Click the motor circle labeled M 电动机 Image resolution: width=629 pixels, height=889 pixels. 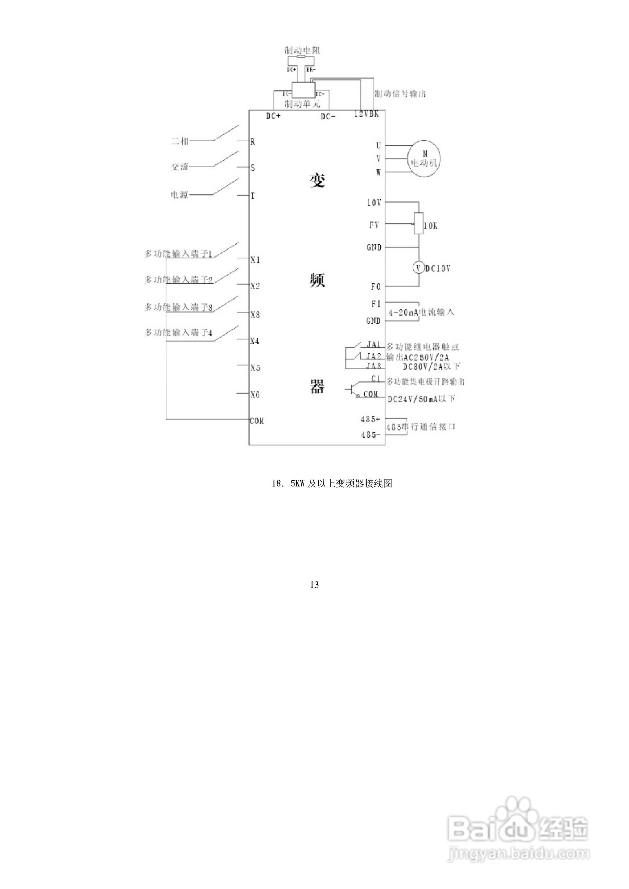[424, 159]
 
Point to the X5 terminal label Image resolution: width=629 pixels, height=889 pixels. [255, 368]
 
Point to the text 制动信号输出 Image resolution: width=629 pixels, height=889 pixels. [400, 94]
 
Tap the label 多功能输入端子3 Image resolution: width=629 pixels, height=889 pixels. [178, 308]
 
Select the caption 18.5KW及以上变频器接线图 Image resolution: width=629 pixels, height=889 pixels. [332, 484]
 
